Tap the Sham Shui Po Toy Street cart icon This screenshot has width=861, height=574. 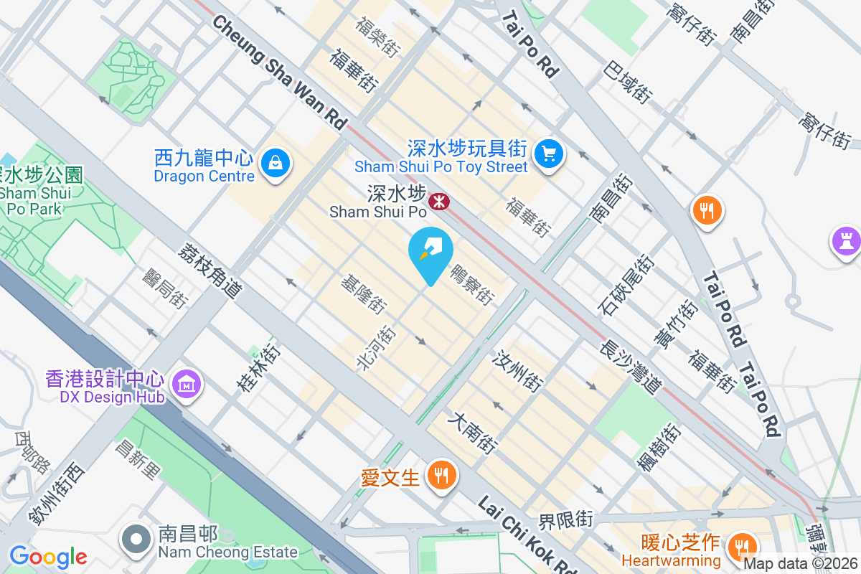click(549, 154)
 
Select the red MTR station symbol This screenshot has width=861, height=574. click(439, 202)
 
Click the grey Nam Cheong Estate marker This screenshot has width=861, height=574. click(135, 541)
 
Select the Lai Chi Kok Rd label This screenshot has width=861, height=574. click(527, 535)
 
